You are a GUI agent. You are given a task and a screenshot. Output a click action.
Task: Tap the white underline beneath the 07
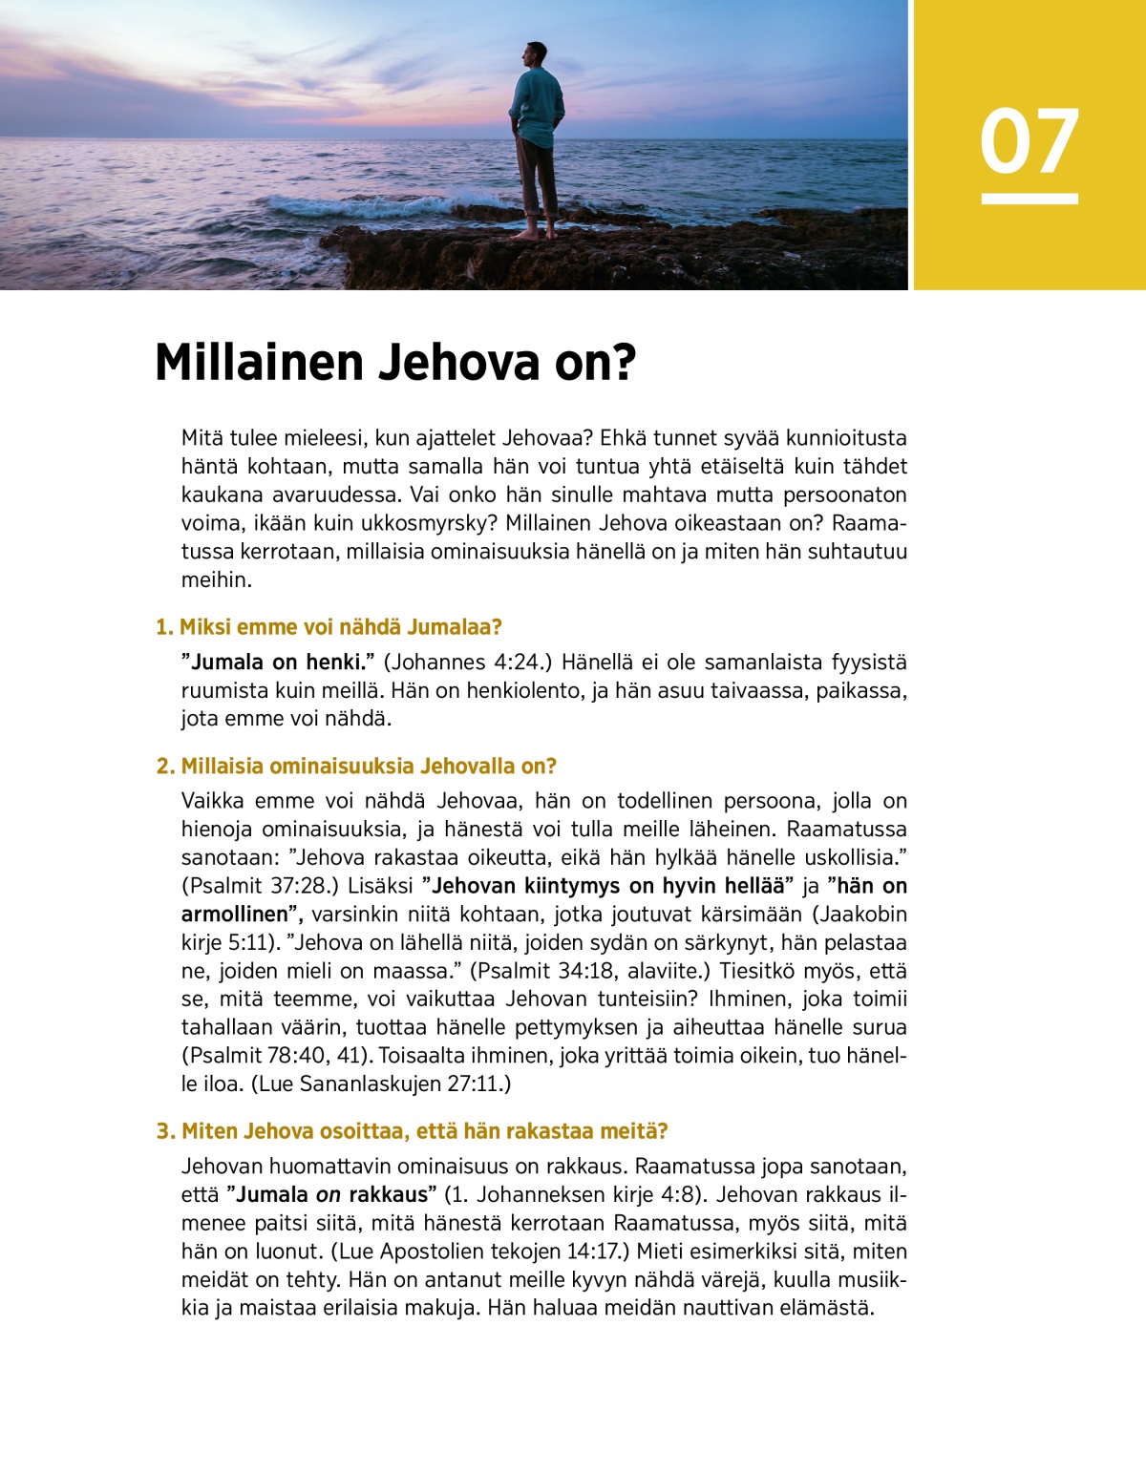click(x=1029, y=199)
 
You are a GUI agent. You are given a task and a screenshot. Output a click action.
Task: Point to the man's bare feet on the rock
click(x=537, y=232)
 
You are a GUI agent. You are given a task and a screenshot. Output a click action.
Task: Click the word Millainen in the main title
click(x=259, y=363)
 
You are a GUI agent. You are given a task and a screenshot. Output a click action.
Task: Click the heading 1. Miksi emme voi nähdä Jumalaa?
click(x=329, y=627)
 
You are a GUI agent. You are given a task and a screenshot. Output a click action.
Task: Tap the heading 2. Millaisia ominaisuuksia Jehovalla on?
click(x=356, y=766)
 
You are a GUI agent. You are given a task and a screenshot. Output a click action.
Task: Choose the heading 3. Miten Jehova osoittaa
click(x=412, y=1131)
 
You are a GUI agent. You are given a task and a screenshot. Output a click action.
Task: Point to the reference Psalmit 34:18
click(x=543, y=971)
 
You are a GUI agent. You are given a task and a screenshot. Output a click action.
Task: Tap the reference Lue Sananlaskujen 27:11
click(x=381, y=1084)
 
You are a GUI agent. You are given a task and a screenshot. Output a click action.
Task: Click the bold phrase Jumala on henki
click(x=277, y=663)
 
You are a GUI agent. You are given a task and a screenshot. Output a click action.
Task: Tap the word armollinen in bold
click(x=234, y=914)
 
